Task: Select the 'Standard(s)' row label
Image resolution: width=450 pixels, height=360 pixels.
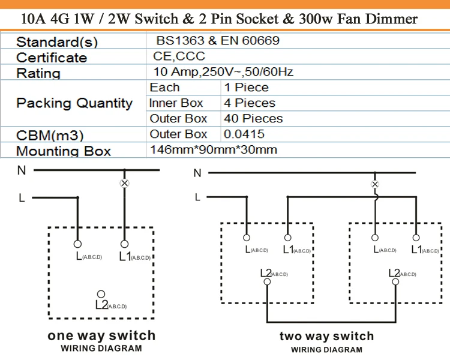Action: point(57,42)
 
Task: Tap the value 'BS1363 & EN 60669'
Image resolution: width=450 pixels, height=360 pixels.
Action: point(217,41)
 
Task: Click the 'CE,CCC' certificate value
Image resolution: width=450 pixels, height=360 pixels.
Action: point(179,56)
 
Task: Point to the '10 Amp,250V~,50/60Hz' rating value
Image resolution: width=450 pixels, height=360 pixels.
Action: point(223,72)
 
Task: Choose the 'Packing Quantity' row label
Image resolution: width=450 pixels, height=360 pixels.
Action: point(74,103)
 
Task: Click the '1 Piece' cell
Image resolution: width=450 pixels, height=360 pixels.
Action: point(246,88)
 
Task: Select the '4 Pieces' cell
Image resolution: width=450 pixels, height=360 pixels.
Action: point(250,103)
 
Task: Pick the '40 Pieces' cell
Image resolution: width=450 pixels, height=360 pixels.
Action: point(253,119)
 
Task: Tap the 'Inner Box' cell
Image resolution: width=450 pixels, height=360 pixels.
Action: point(176,103)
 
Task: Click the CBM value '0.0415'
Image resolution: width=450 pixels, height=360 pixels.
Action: point(244,134)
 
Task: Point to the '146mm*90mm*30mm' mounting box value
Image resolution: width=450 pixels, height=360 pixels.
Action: point(213,149)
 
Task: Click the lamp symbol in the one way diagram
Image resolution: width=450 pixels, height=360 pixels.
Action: point(125,183)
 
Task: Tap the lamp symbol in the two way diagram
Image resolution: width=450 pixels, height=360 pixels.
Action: point(376,184)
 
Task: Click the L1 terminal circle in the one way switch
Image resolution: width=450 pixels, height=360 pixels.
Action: point(125,244)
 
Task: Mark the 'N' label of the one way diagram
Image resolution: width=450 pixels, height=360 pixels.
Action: point(22,170)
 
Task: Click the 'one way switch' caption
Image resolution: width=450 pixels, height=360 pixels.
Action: point(101,335)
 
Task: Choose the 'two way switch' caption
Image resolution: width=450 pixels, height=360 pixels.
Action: point(326,336)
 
